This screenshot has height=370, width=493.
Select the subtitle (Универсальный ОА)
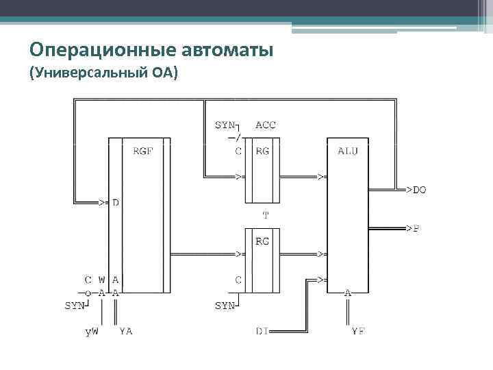click(103, 73)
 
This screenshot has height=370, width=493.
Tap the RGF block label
click(143, 151)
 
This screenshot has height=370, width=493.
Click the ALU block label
click(347, 151)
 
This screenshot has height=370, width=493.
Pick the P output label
click(416, 229)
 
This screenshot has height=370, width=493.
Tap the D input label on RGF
click(116, 203)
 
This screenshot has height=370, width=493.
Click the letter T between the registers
click(266, 215)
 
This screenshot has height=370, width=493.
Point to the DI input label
click(262, 332)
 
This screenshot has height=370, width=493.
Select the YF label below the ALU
click(357, 332)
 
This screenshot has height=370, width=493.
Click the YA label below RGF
click(125, 332)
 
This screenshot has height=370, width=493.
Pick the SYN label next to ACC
click(225, 125)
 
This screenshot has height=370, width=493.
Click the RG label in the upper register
click(262, 151)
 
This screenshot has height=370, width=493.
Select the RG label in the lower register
click(262, 241)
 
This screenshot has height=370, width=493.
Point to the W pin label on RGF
click(101, 280)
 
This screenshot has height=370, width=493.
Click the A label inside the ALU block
click(347, 293)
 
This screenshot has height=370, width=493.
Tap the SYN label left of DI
click(225, 306)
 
